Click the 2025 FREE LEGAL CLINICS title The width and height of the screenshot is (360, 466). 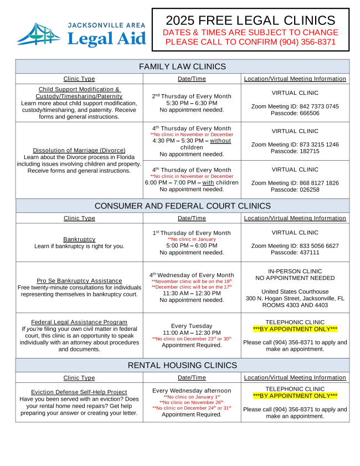(250, 21)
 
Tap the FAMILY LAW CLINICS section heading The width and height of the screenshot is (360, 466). (182, 66)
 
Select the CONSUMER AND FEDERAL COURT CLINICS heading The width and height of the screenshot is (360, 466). (182, 206)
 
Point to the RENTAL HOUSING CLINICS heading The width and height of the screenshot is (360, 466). (182, 365)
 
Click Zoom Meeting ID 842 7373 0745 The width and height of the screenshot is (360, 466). (295, 106)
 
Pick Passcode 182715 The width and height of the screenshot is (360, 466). (295, 151)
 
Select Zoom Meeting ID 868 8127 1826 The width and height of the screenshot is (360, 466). (295, 183)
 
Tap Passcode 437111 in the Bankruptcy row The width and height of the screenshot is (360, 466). (295, 252)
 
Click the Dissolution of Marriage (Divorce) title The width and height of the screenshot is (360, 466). (79, 150)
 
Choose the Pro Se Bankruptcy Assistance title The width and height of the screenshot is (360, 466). (79, 281)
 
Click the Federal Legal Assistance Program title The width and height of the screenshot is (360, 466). (79, 322)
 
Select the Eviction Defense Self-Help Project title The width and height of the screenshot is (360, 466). (79, 392)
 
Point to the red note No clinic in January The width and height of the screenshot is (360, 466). (192, 239)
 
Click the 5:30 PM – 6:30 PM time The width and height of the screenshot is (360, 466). (192, 103)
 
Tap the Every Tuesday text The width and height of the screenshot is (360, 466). (192, 326)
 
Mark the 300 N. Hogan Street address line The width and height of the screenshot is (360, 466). (295, 298)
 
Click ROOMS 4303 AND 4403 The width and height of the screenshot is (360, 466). (295, 305)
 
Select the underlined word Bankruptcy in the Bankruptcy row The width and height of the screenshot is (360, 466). (79, 239)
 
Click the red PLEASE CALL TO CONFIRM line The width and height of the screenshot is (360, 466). (250, 42)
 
